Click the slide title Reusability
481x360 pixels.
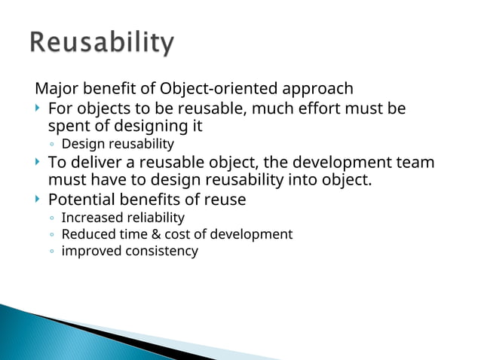[x=102, y=43]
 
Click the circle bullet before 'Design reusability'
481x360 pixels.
[x=51, y=145]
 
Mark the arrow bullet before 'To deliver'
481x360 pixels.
[x=38, y=163]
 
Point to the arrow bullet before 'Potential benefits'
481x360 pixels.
[x=38, y=200]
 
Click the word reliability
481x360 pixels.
[x=157, y=218]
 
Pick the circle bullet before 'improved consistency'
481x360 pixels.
[x=51, y=252]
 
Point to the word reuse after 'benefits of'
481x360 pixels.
[x=225, y=200]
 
